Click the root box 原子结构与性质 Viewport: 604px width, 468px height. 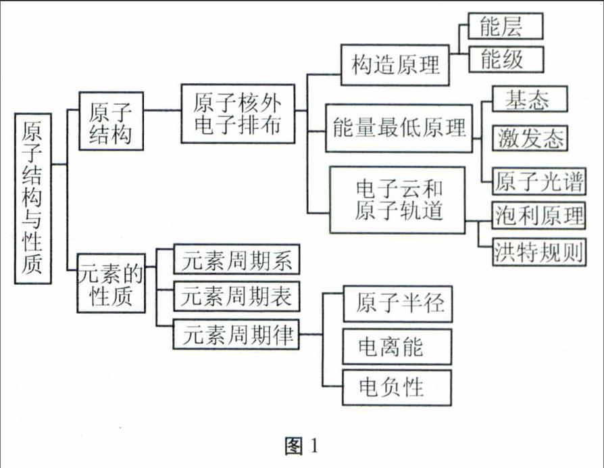[33, 199]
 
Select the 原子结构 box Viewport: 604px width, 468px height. [111, 120]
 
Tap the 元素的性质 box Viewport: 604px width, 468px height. [111, 283]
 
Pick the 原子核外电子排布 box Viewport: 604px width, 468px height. [238, 114]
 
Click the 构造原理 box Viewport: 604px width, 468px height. [395, 65]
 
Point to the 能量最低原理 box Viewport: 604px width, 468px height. [399, 128]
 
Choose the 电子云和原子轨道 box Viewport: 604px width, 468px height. [397, 200]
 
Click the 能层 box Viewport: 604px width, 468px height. [505, 26]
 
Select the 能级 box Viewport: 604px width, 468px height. [506, 60]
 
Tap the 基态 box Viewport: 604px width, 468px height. [530, 99]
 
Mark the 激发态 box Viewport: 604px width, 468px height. [530, 138]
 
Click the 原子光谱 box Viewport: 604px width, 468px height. [539, 181]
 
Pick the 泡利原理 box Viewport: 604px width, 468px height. [539, 216]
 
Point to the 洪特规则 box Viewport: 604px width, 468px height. [539, 252]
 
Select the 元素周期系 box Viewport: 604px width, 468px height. [236, 259]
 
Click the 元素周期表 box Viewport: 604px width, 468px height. [236, 296]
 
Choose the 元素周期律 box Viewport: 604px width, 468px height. [236, 334]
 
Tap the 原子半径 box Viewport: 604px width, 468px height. [398, 304]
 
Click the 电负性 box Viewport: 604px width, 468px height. [397, 388]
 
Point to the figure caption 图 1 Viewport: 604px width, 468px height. [302, 446]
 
